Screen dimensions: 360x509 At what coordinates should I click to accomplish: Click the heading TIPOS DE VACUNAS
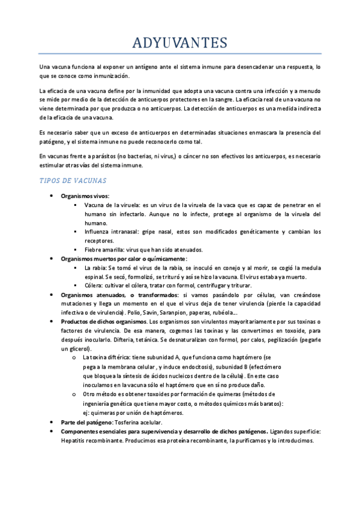[x=73, y=180]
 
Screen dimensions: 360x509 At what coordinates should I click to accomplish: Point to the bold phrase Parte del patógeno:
[x=86, y=423]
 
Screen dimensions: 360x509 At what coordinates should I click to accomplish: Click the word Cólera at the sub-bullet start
[x=94, y=286]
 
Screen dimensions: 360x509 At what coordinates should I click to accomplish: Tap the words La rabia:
[x=95, y=268]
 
